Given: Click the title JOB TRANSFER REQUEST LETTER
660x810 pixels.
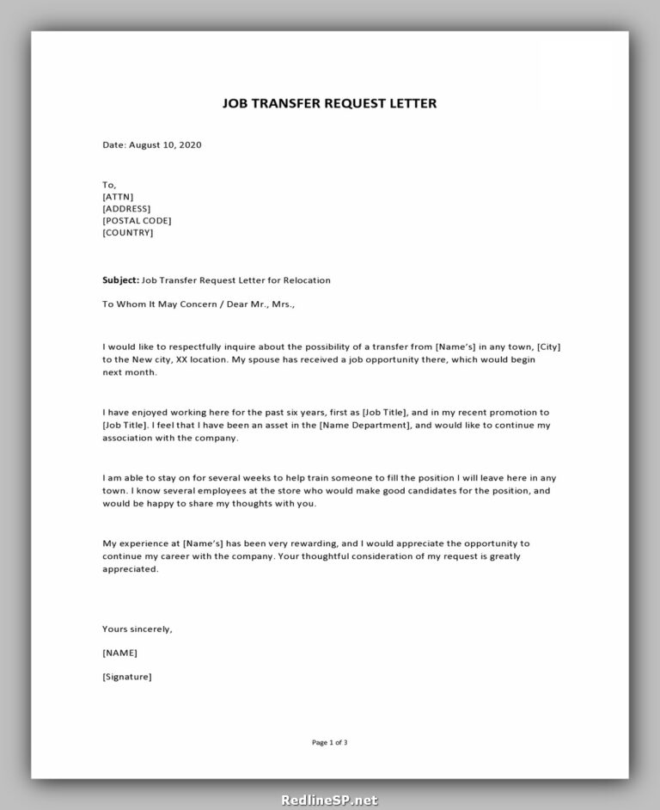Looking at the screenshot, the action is (330, 104).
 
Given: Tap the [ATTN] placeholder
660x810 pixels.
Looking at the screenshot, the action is (118, 196).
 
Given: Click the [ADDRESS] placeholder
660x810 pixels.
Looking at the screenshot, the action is (126, 208).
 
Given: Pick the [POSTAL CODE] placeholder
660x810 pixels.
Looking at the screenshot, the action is (137, 220).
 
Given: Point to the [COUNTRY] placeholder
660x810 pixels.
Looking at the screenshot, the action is (127, 232).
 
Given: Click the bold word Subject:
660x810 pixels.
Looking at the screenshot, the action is (120, 280).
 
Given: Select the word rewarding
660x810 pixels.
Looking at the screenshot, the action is (352, 543).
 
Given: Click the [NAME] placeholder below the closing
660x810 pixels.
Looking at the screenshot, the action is (119, 653).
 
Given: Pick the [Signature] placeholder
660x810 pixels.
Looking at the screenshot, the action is (127, 677).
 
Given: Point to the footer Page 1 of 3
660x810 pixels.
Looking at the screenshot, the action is (330, 742).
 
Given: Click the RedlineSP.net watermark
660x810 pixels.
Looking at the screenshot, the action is (329, 800).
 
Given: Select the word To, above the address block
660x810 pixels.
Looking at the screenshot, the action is (108, 184).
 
